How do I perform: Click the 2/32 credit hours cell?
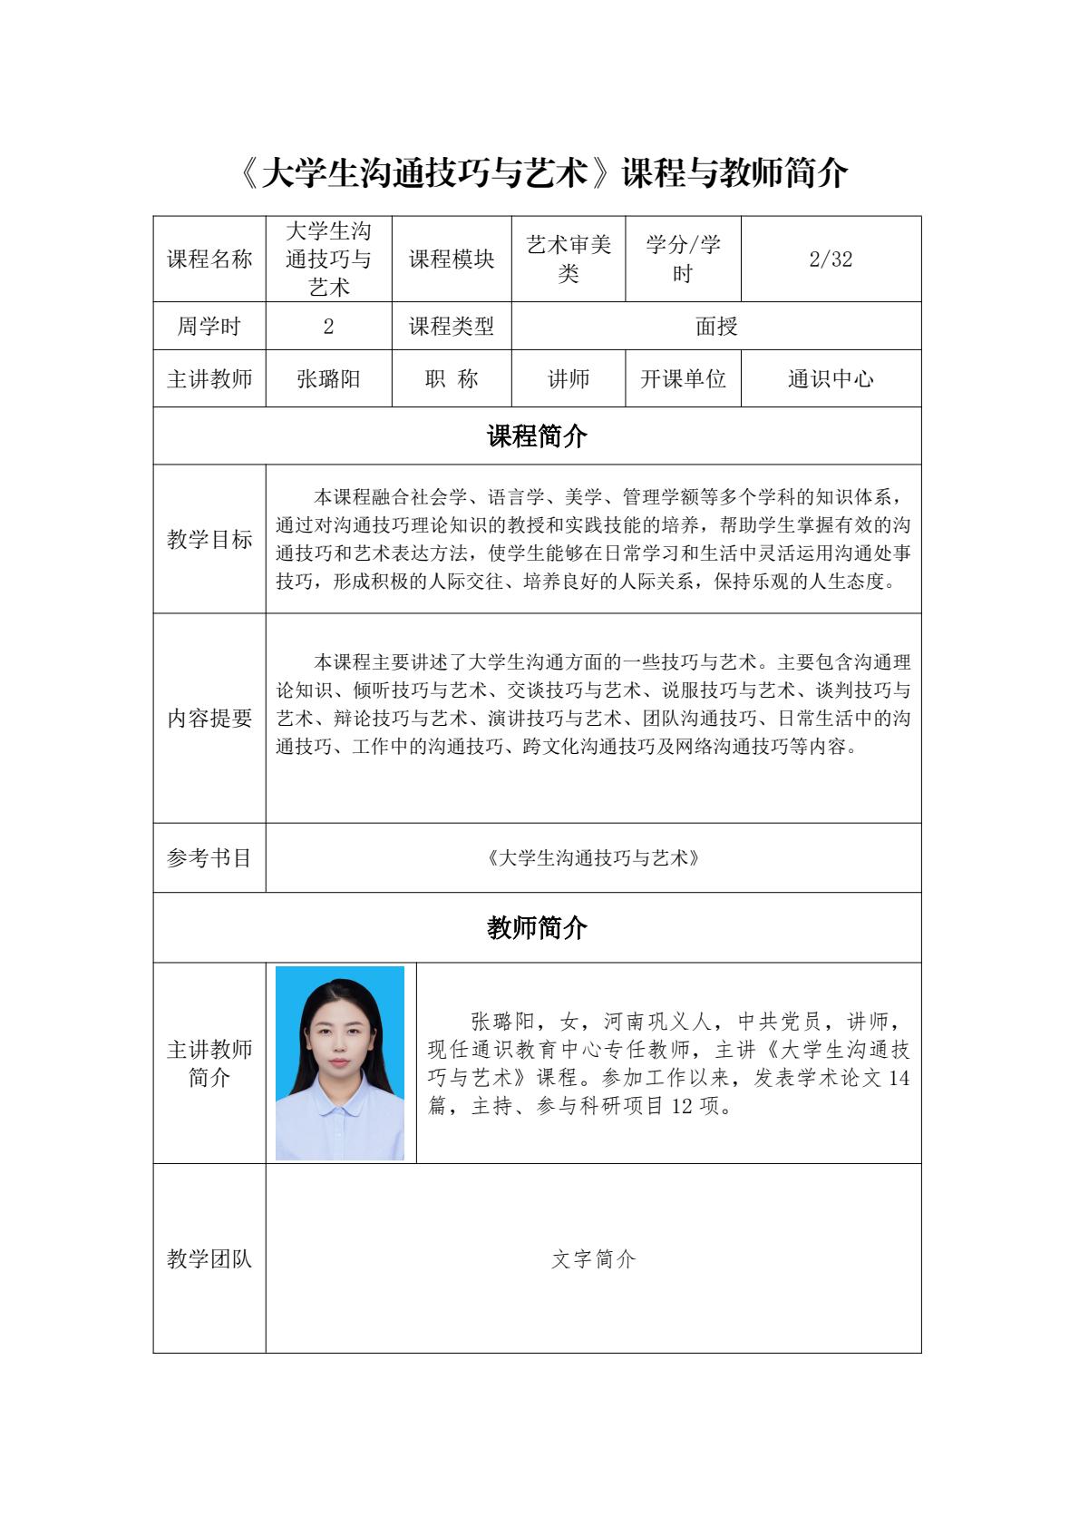831,259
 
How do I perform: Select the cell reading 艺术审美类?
569,259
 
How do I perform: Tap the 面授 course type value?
716,327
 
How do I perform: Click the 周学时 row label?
209,327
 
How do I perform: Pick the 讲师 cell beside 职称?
569,379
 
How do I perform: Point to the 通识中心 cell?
831,379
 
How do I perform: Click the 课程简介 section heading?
537,436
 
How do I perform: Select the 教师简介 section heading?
537,928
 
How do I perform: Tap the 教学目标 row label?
209,540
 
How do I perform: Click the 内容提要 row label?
209,719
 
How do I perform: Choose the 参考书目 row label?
209,858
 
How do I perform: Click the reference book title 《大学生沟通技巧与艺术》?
594,858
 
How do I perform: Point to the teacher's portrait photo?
340,1063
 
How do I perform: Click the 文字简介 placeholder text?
594,1259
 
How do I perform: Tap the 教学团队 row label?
209,1259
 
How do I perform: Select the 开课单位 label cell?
683,379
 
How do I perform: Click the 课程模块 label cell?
452,259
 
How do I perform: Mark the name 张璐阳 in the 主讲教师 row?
328,379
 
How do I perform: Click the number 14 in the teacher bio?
899,1078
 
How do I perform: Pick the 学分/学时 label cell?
683,259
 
